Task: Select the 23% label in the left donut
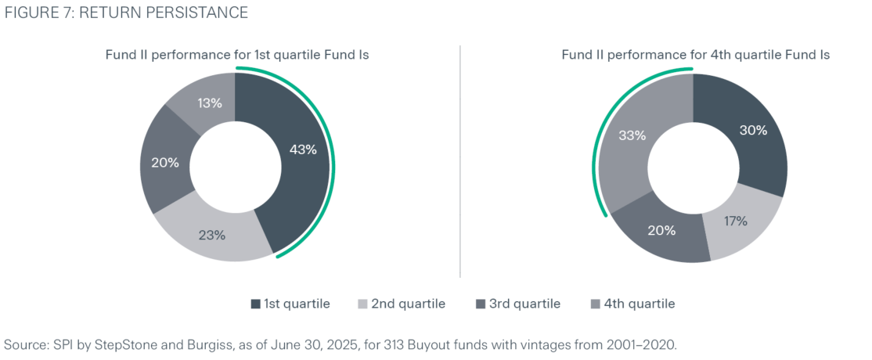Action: (211, 234)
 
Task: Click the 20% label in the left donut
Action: (164, 163)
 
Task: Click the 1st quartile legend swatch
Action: (255, 304)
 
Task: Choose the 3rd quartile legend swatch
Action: (480, 304)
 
